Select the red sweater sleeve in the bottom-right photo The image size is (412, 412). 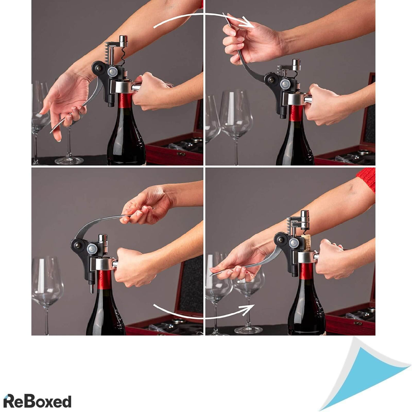(x=367, y=179)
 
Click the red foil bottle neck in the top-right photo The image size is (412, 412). (x=296, y=113)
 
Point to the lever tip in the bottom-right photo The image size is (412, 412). (x=212, y=274)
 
